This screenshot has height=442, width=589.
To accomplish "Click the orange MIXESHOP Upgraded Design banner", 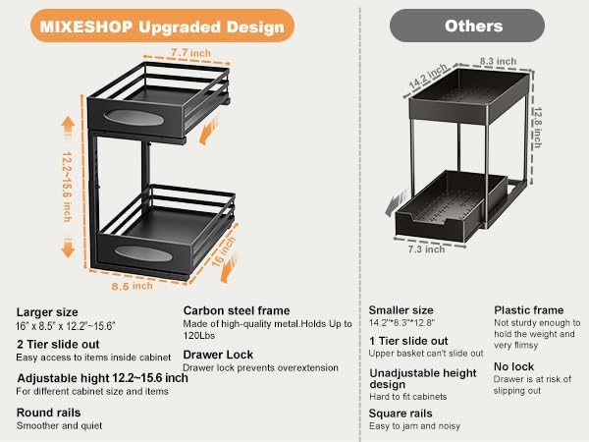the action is (x=162, y=26).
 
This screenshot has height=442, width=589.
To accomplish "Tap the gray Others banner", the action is (x=467, y=26).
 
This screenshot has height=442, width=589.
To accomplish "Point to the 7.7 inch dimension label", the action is (x=190, y=53).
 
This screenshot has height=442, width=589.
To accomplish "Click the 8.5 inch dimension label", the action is (x=132, y=286).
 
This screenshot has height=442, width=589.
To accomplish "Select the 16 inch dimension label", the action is (x=223, y=251).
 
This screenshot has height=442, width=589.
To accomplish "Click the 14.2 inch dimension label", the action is (x=428, y=77).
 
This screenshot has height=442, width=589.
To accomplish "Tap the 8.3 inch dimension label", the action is (x=498, y=61).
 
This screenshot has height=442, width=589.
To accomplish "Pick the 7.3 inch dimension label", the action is (x=426, y=249).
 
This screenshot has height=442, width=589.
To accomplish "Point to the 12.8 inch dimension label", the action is (x=538, y=128).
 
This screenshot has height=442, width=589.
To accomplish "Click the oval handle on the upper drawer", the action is (x=134, y=118).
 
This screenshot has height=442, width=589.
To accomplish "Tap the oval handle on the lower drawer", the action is (x=143, y=253).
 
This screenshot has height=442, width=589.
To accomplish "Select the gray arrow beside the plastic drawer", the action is (x=397, y=203).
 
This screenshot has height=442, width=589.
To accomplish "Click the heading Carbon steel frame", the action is (x=237, y=310).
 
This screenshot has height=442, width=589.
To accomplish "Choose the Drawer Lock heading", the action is (x=218, y=355).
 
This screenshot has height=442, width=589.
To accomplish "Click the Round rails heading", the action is (x=48, y=413).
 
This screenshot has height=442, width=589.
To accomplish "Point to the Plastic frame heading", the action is (x=529, y=310).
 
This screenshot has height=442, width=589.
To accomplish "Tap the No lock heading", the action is (x=513, y=366).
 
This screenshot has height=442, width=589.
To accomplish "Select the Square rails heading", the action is (x=401, y=414).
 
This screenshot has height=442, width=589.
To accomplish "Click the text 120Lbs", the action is (x=199, y=335).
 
